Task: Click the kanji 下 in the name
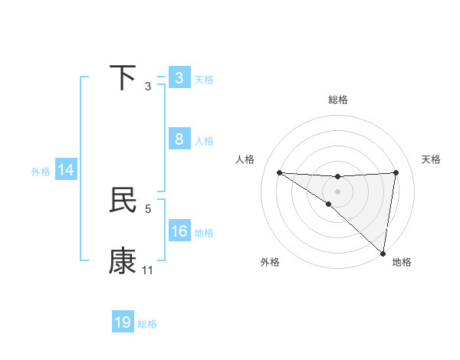(x=123, y=78)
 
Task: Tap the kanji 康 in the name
(x=123, y=261)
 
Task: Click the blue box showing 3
(x=179, y=78)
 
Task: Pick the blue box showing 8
(x=179, y=139)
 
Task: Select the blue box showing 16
(x=179, y=231)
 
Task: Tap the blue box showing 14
(x=66, y=171)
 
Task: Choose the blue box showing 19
(x=123, y=322)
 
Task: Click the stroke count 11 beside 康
(x=148, y=270)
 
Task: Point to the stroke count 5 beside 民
(x=148, y=208)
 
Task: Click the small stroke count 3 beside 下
(x=148, y=87)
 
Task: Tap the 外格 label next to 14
(x=41, y=172)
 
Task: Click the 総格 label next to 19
(x=147, y=324)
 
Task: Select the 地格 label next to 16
(x=204, y=233)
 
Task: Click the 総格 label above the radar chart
(x=337, y=100)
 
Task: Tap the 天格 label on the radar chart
(x=431, y=159)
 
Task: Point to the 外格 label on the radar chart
(x=270, y=262)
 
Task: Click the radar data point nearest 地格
(x=383, y=253)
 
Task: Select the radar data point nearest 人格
(x=279, y=172)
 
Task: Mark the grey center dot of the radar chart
(x=337, y=191)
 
